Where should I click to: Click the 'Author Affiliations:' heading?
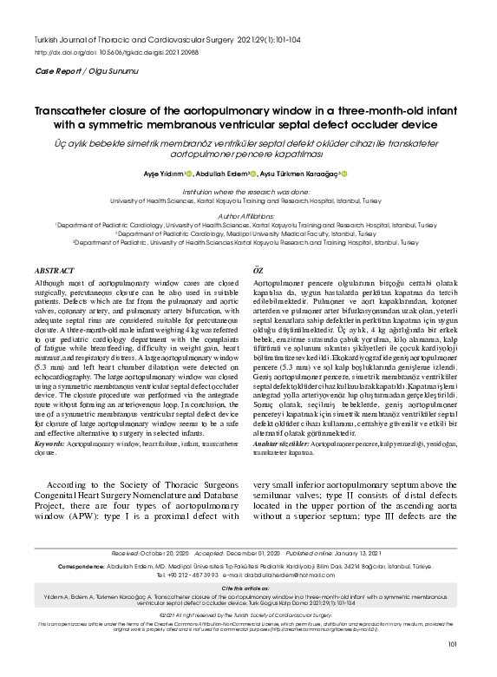[x=247, y=214]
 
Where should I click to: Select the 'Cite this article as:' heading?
[x=247, y=588]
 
